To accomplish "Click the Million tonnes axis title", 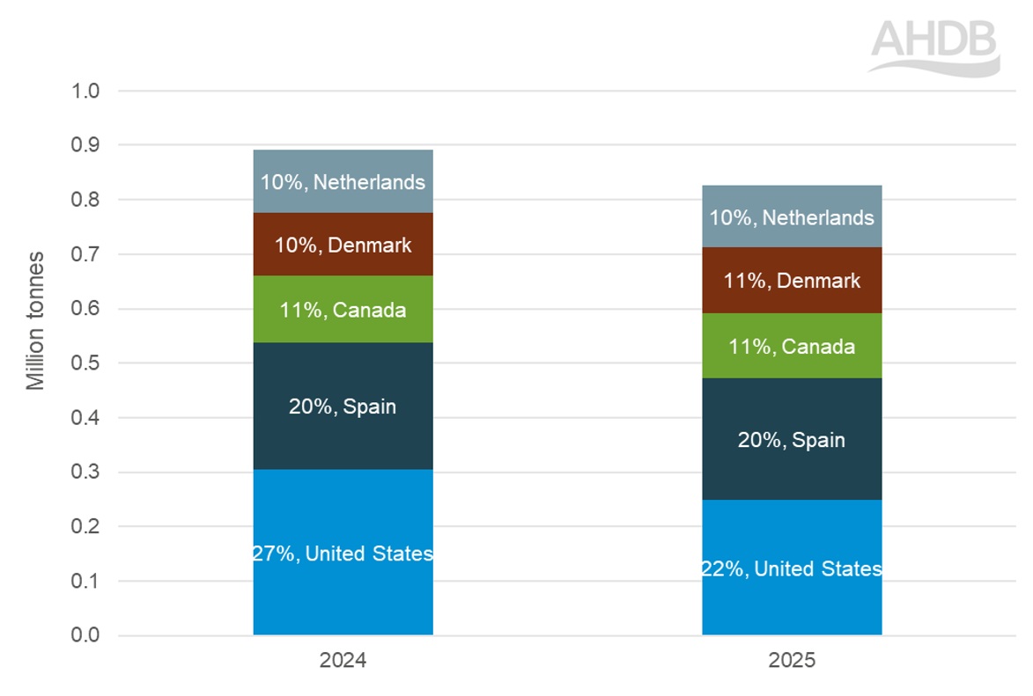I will [x=35, y=320].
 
